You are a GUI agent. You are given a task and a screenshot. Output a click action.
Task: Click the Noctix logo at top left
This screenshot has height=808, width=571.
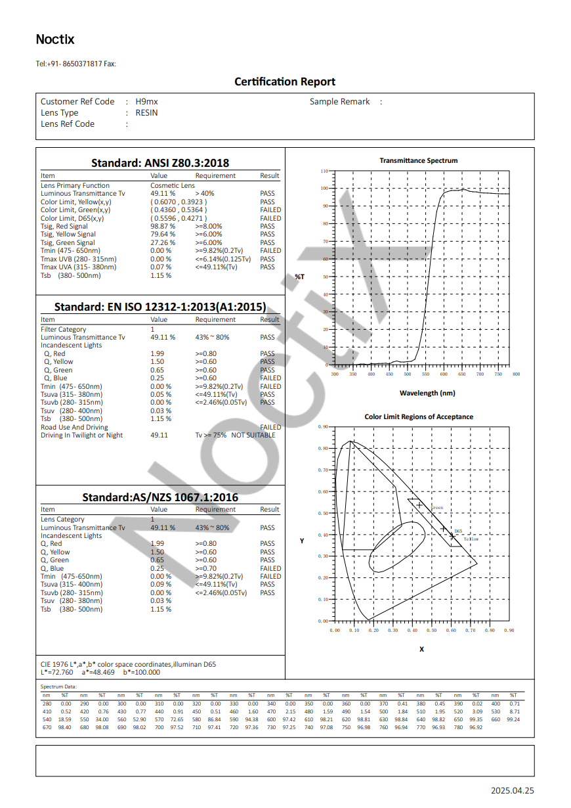pos(55,39)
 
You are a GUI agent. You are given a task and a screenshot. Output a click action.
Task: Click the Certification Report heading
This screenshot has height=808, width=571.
pos(285,81)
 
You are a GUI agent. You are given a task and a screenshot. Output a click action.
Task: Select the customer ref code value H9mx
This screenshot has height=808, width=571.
pos(146,102)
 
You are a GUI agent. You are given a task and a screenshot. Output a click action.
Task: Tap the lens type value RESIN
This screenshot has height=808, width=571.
pos(146,113)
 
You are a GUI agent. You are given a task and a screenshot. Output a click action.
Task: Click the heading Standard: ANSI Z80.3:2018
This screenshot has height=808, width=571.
pos(159,162)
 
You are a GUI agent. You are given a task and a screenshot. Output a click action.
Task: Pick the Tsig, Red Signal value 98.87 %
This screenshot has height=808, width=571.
pos(163,226)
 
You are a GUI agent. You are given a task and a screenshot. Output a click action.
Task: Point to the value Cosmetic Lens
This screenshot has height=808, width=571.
pos(173,186)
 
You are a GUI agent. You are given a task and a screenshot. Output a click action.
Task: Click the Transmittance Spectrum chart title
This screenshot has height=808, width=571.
pos(418,160)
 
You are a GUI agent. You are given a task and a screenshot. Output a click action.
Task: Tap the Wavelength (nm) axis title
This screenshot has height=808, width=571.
pos(427,393)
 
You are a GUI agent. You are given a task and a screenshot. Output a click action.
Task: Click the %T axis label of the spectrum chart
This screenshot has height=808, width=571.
pos(299,277)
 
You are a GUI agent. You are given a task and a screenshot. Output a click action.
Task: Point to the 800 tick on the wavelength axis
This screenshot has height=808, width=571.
pos(516,374)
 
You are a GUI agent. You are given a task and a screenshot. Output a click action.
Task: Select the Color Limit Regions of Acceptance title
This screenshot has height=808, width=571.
pos(419,416)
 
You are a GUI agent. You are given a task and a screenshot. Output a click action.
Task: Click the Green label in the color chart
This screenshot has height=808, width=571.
pos(437,508)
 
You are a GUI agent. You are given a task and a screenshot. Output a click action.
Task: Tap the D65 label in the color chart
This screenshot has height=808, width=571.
pos(458,531)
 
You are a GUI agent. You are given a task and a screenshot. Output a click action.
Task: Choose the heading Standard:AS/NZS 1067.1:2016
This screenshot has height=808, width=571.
pos(159,497)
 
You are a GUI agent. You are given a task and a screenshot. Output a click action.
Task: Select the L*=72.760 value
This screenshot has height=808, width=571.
pos(56,673)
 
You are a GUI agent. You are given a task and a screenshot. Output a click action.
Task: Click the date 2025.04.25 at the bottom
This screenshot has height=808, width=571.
pos(513,791)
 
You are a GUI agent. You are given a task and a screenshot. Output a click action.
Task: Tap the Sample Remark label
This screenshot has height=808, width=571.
pos(340,102)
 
